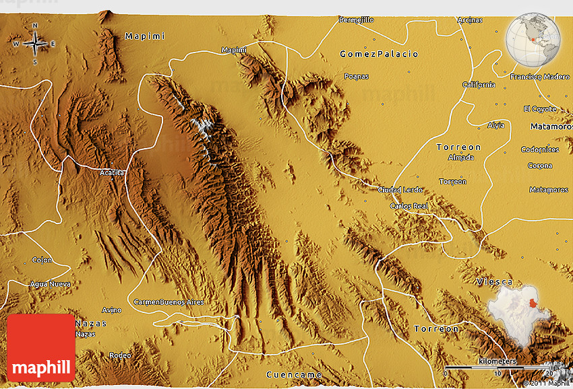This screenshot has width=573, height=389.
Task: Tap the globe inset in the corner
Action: click(535, 39)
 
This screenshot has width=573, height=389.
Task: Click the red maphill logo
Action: click(41, 348)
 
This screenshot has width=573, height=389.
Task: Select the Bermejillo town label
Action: click(356, 20)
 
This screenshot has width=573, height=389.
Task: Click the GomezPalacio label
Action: click(379, 54)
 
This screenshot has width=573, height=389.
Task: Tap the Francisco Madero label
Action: click(540, 77)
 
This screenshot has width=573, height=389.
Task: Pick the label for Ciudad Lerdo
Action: click(400, 189)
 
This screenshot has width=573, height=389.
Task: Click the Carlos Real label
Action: click(409, 205)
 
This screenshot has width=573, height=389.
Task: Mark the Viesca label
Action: click(494, 281)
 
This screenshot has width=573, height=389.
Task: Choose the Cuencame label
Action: click(294, 374)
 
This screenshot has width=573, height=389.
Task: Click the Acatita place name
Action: click(111, 173)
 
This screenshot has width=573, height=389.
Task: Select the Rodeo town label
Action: click(120, 355)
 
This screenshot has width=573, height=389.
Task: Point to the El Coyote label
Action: click(540, 109)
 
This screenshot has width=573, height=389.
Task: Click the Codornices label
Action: click(540, 149)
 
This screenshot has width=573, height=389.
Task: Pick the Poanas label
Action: click(356, 76)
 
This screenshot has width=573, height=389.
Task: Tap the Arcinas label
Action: click(469, 20)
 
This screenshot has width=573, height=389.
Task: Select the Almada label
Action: click(460, 157)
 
